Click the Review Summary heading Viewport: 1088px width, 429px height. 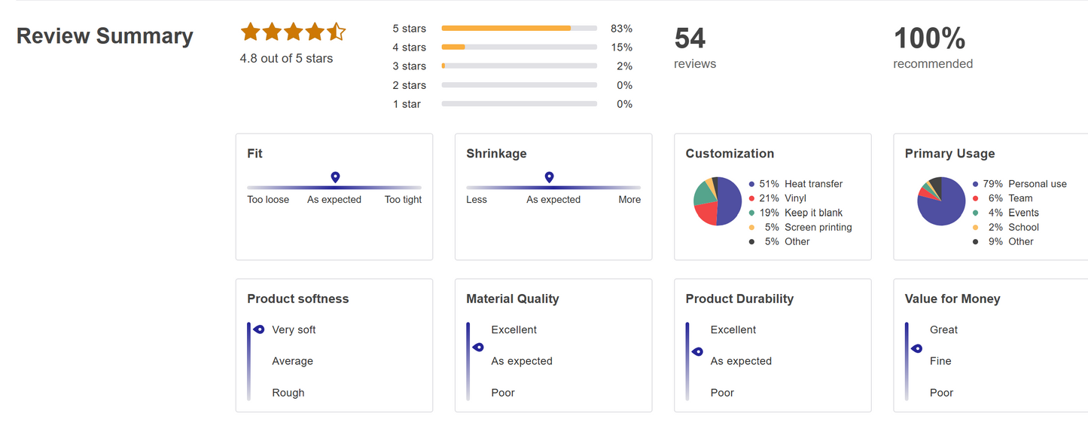[x=105, y=36]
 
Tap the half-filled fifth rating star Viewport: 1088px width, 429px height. [x=336, y=32]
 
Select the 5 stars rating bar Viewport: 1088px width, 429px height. [x=519, y=29]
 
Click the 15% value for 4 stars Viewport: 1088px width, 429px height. [x=621, y=47]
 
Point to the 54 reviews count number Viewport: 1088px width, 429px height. [x=690, y=38]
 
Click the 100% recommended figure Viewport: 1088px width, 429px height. [x=929, y=38]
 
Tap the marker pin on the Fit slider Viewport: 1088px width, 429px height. [x=335, y=177]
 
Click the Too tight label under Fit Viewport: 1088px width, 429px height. [x=403, y=200]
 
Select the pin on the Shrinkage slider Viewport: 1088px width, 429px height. [x=549, y=177]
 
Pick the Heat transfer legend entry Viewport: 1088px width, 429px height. [x=813, y=184]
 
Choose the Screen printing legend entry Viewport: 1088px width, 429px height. [x=818, y=227]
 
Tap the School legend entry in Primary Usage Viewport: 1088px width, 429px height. [x=1023, y=227]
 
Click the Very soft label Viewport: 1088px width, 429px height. [x=294, y=329]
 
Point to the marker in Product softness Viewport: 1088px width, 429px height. [x=258, y=329]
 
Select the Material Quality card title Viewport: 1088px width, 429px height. [x=512, y=299]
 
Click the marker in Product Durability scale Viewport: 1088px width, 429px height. [x=697, y=351]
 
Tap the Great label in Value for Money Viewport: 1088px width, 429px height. [x=943, y=329]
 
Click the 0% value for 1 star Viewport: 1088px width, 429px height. [x=624, y=104]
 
